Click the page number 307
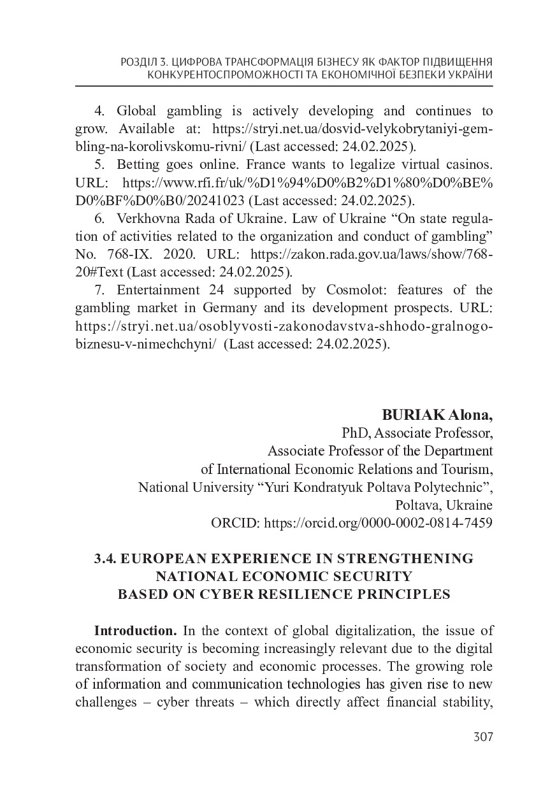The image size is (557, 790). [484, 737]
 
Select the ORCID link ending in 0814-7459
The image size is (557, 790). [377, 524]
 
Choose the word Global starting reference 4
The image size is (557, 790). [136, 111]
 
